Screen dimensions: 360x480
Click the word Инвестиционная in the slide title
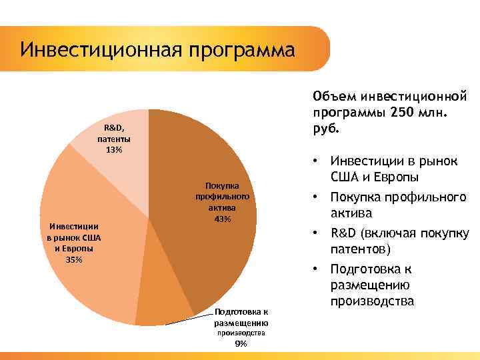click(x=100, y=50)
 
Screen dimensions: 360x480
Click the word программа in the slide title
click(x=241, y=50)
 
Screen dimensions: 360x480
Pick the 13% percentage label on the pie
click(x=114, y=149)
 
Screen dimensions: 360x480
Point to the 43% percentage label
click(x=222, y=219)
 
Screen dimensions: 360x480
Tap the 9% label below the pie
click(x=240, y=343)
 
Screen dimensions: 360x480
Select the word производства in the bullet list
click(x=372, y=302)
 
